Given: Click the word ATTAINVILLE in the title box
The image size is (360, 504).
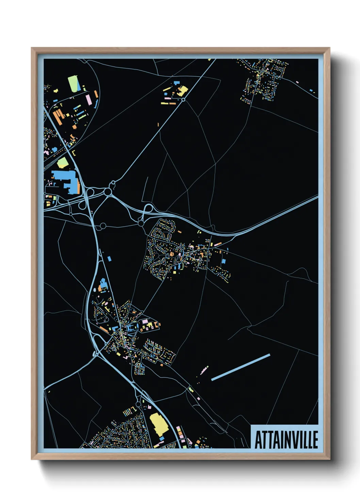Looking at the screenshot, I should point(286,440).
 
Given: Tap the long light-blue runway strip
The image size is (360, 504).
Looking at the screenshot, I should point(241,367).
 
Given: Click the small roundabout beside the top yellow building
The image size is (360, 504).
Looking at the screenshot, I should point(183,99).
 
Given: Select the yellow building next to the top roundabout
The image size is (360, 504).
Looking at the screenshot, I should point(183,91).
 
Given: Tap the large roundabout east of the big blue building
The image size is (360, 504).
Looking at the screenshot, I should point(108,192).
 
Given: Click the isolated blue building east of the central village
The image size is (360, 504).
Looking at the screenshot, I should point(224,261).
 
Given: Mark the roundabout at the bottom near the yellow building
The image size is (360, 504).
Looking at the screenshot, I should point(138,404).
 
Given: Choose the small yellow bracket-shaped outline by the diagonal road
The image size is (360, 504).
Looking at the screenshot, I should point(74,153).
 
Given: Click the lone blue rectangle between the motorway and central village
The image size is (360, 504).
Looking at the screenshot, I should point(109,259).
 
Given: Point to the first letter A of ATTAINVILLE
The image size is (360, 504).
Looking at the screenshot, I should point(258,440).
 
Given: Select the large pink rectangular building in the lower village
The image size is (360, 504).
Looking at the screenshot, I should point(145,321).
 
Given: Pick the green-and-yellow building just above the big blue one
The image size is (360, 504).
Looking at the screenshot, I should point(62,163).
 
